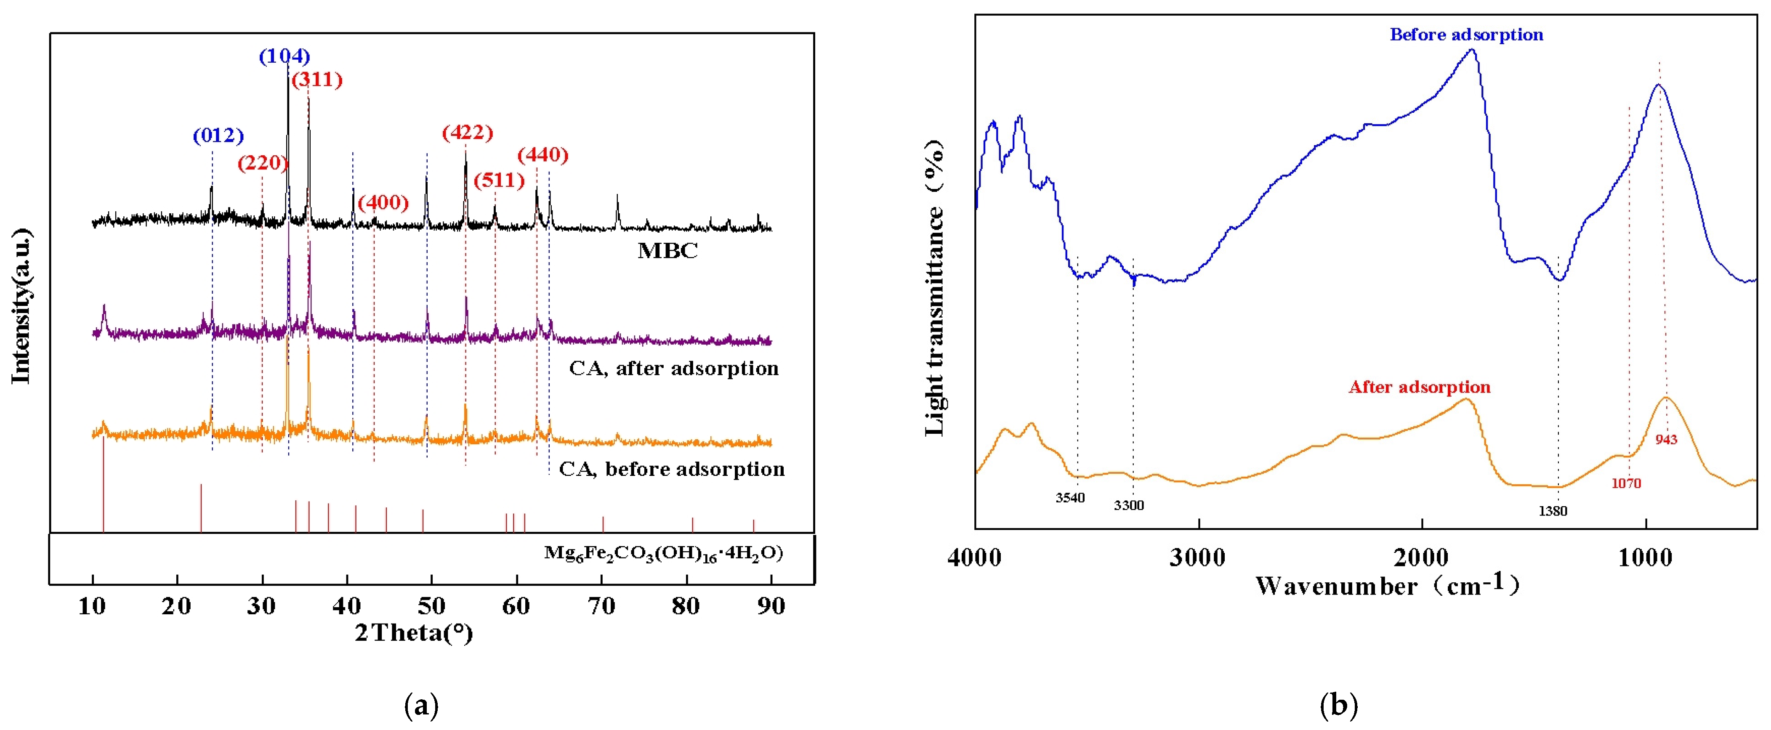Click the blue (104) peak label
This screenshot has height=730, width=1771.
(284, 56)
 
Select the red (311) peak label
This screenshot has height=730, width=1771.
(317, 80)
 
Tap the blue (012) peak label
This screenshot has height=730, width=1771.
(218, 135)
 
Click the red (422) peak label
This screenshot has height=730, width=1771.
(468, 132)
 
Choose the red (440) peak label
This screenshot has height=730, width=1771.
(542, 155)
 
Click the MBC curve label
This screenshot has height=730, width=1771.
(667, 251)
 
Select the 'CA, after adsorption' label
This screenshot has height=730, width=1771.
(674, 369)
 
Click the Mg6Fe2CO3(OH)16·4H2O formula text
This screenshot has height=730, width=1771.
(663, 553)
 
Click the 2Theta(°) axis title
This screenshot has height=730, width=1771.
(414, 632)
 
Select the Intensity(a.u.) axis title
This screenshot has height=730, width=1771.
(22, 306)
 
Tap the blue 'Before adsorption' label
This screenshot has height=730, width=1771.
(1466, 35)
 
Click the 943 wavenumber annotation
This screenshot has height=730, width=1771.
(1666, 439)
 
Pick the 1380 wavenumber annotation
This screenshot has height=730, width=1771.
(1553, 511)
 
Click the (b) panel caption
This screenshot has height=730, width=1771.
(1339, 705)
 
